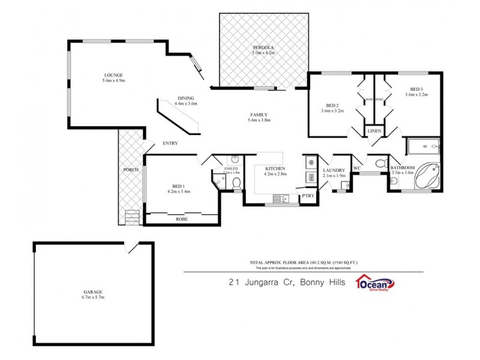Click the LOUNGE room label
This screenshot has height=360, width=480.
[x=113, y=75]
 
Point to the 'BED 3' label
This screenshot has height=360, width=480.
[x=416, y=88]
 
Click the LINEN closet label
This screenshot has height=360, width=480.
[x=374, y=131]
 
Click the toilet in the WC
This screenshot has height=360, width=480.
[x=379, y=164]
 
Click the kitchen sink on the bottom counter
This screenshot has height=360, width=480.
[x=280, y=197]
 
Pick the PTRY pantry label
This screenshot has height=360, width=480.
[x=308, y=196]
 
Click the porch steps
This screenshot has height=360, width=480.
[x=131, y=217]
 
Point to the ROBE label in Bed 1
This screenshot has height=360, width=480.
[x=182, y=219]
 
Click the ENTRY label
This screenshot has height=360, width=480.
[x=170, y=143]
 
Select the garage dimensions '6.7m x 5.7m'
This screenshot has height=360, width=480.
[x=93, y=297]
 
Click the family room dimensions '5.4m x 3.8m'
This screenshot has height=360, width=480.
[x=259, y=120]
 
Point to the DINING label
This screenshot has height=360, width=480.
[x=185, y=98]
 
